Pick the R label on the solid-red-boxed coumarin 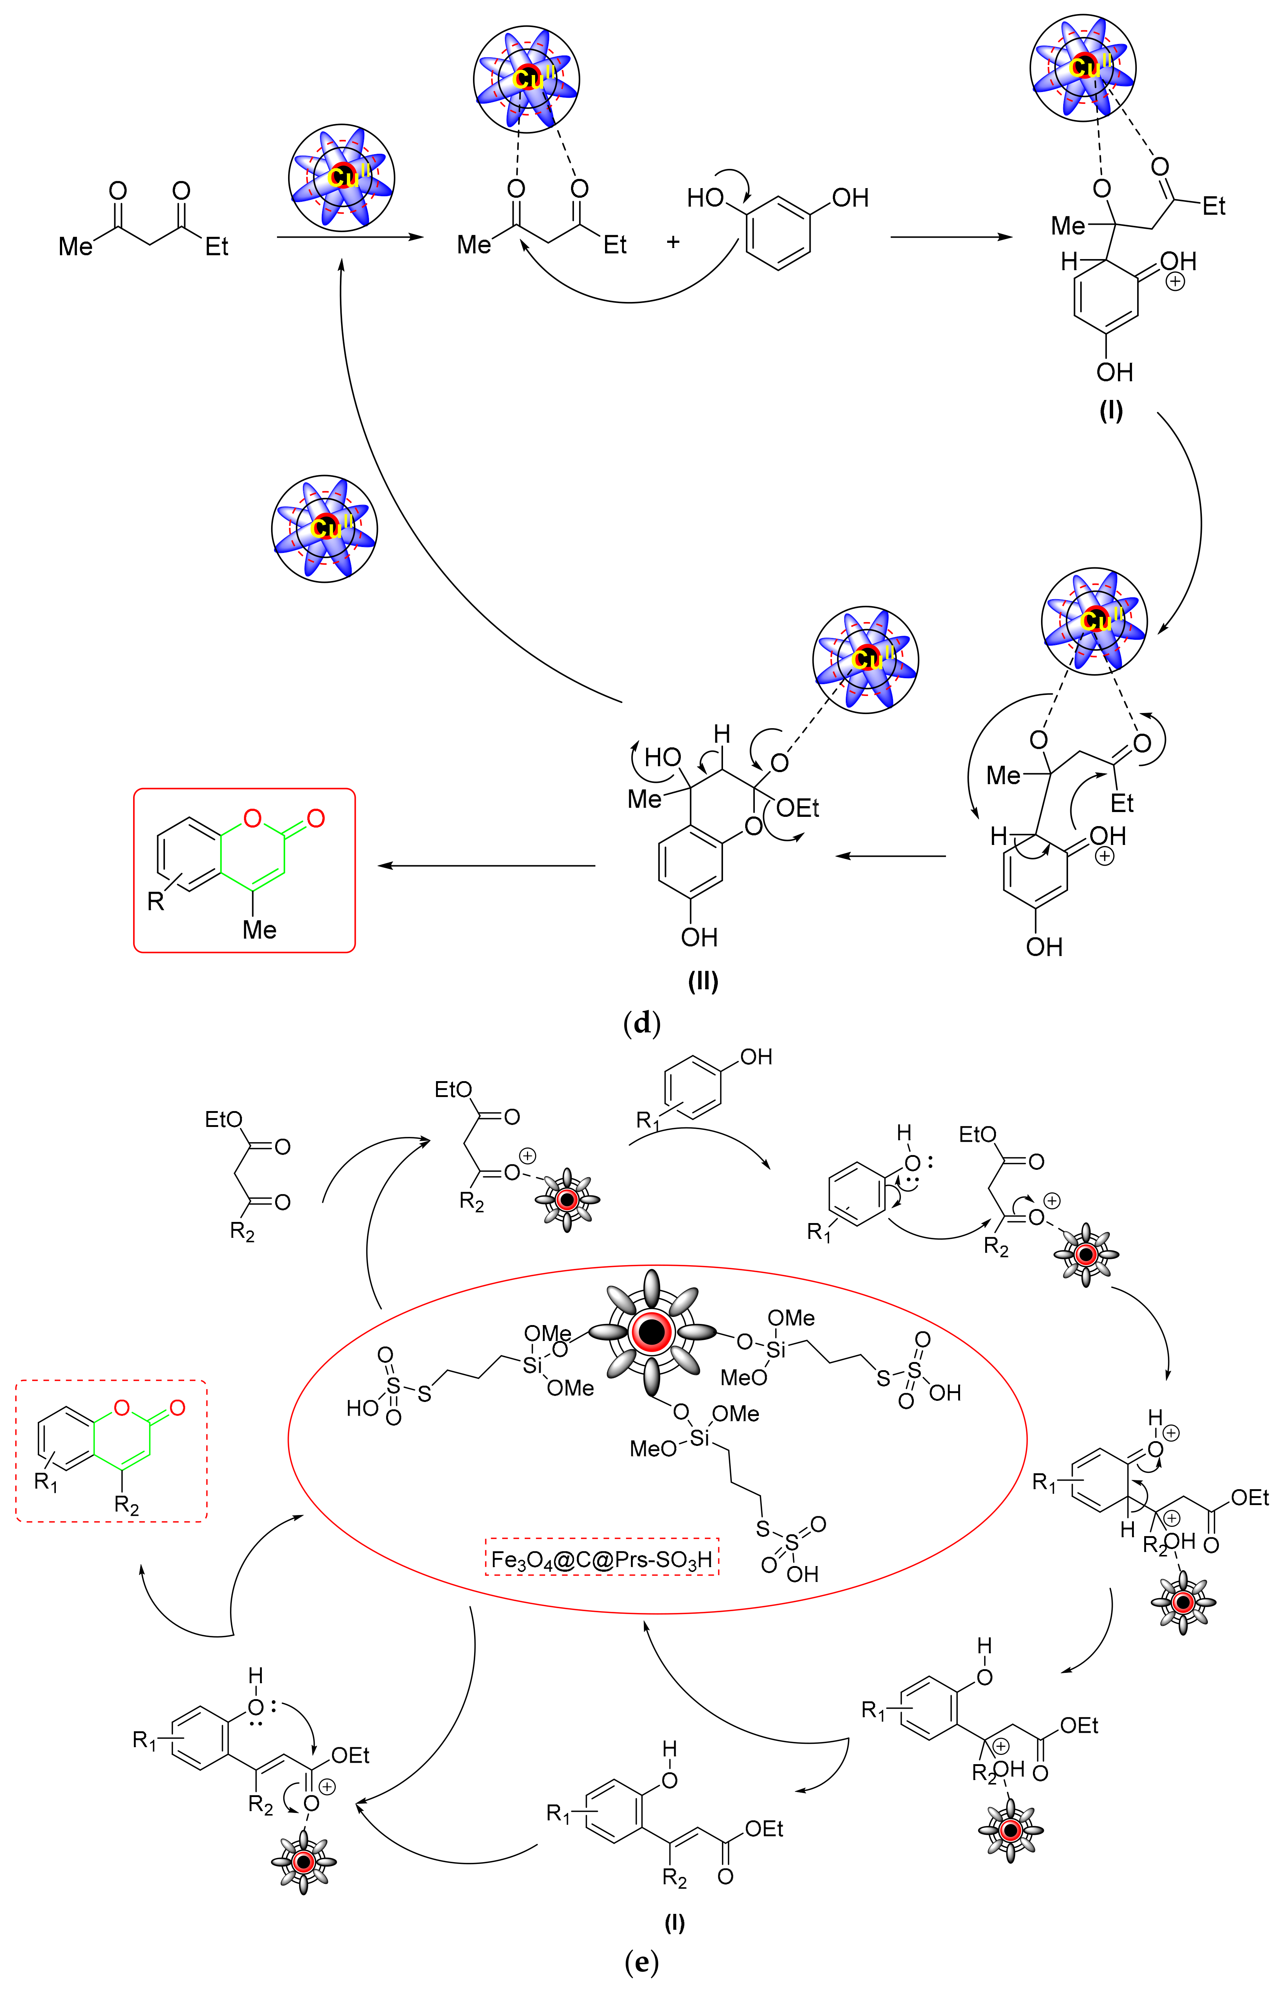(x=156, y=901)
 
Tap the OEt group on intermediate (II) (x=797, y=808)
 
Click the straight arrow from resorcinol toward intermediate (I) (x=950, y=238)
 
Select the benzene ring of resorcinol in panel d (x=778, y=233)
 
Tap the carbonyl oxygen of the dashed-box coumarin (x=177, y=1408)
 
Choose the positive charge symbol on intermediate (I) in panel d (x=1175, y=282)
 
